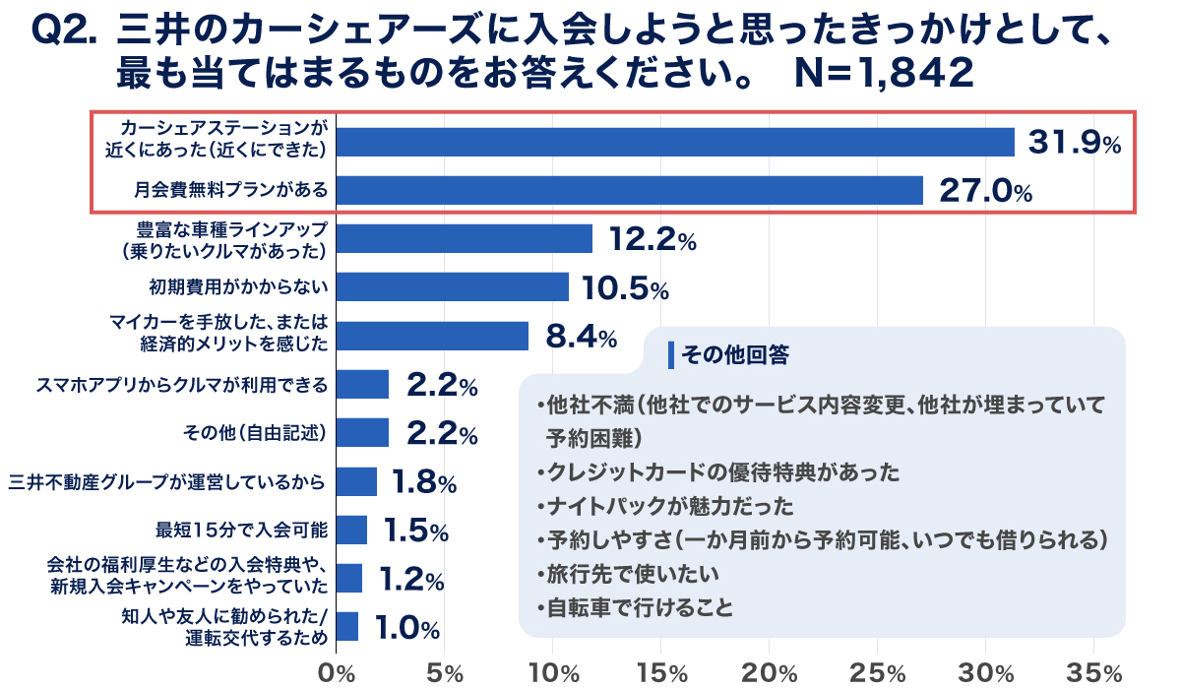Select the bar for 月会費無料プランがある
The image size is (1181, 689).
630,190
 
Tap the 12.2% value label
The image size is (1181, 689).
652,239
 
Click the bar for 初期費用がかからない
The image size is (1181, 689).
453,286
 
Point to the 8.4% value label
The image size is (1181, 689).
580,337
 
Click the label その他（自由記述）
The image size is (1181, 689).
255,432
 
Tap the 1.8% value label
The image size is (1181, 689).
423,481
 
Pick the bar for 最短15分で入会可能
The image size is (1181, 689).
351,530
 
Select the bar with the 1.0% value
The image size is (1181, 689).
347,626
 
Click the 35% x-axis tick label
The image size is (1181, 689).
1093,673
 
